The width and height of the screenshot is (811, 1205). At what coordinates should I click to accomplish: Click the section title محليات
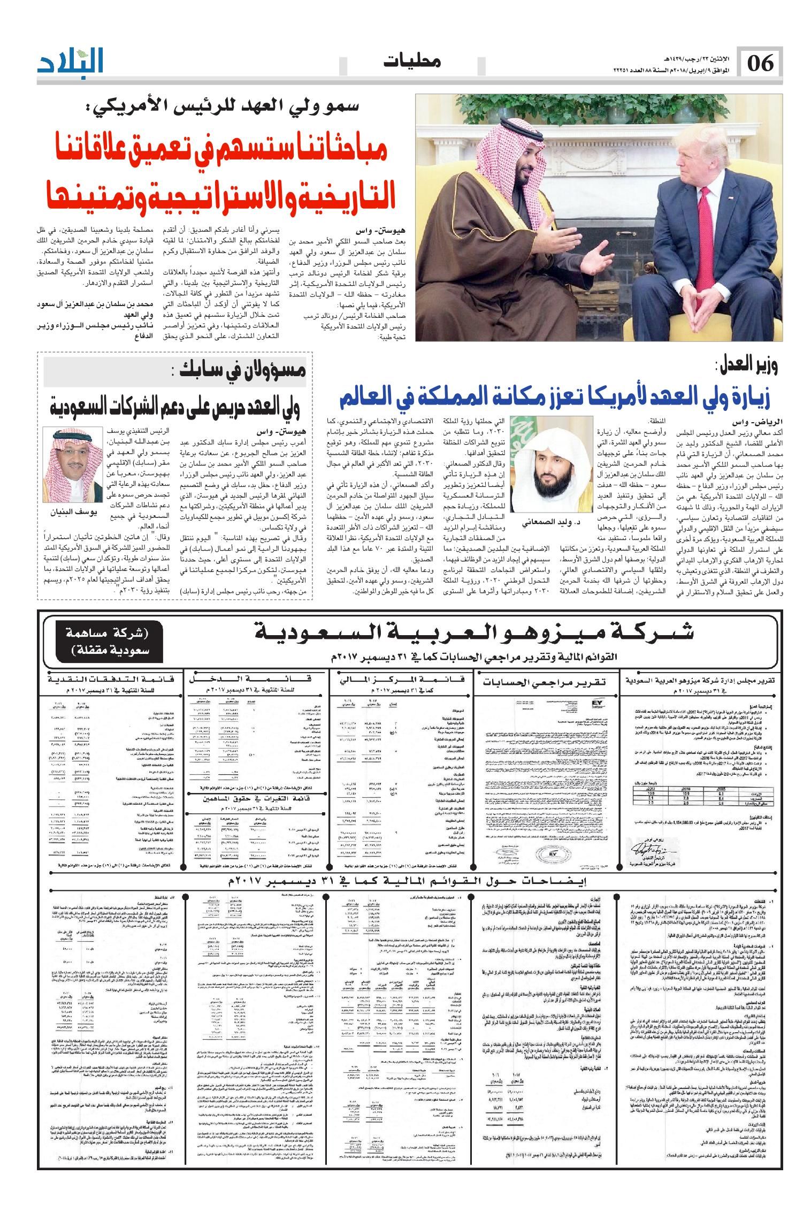411,62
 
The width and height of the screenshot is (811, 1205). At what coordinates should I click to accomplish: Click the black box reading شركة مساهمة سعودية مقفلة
101,642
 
